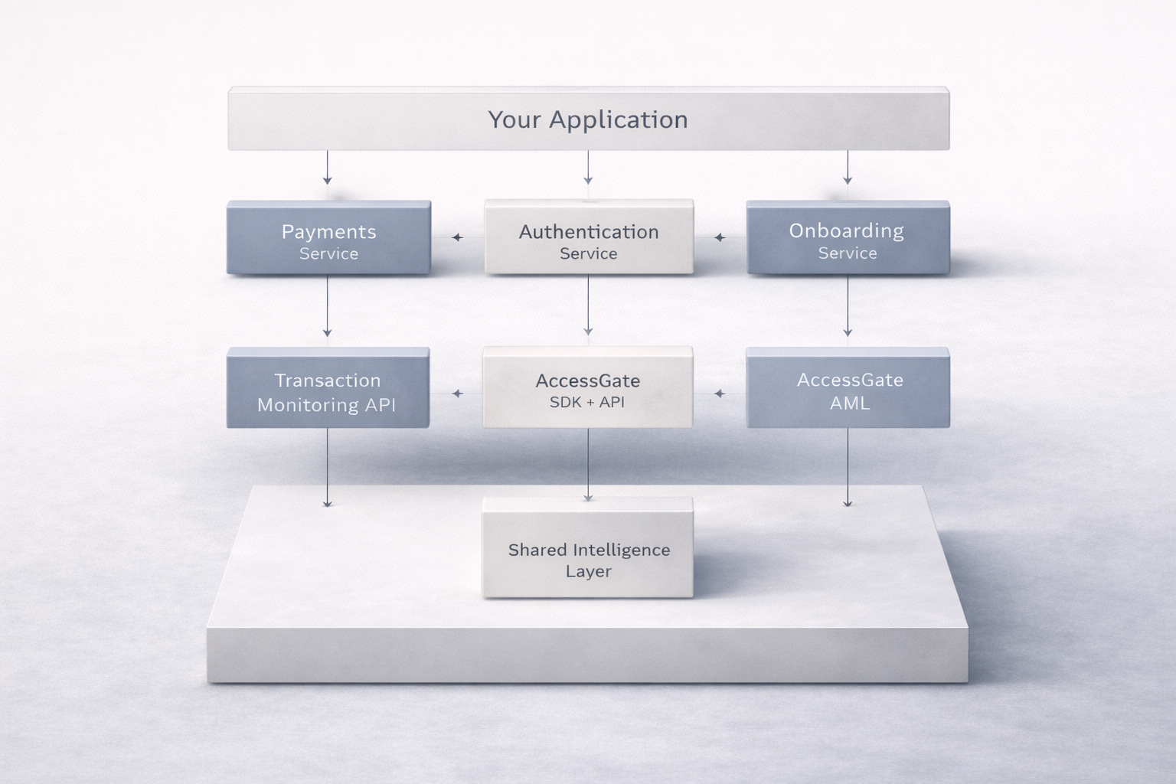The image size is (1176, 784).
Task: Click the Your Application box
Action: click(x=588, y=119)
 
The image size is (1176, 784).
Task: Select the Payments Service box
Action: click(x=328, y=238)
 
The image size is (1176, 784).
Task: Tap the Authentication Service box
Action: click(x=588, y=238)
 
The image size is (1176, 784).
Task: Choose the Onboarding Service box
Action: click(x=848, y=238)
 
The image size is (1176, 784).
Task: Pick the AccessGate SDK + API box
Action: click(x=588, y=388)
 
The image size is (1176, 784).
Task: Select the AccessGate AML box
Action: click(x=848, y=388)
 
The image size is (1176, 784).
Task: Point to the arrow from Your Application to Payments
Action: click(x=328, y=168)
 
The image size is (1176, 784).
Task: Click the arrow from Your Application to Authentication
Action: click(x=588, y=168)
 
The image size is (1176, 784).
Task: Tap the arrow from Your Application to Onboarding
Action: click(x=848, y=168)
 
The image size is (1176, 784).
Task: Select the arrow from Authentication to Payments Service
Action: click(x=458, y=237)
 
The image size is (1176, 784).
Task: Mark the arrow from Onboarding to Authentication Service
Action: click(x=720, y=237)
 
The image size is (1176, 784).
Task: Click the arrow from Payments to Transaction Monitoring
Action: click(x=328, y=306)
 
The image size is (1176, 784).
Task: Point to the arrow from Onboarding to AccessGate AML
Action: click(x=848, y=306)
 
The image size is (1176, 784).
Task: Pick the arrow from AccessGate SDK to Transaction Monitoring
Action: click(x=458, y=394)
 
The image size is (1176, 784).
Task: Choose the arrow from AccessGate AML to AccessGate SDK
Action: click(x=719, y=394)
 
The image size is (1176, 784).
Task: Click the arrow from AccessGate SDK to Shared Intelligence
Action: click(x=588, y=464)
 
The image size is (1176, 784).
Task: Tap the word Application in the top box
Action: click(x=618, y=119)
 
